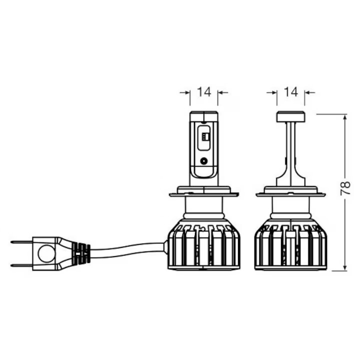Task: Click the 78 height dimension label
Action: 345,188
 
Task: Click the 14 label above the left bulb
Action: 204,92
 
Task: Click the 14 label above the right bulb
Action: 291,92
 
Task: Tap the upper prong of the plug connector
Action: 21,242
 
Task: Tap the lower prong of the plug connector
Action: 21,265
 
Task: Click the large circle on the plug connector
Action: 46,253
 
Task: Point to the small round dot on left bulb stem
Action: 204,161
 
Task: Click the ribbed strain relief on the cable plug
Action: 81,253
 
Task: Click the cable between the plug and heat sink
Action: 127,250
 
